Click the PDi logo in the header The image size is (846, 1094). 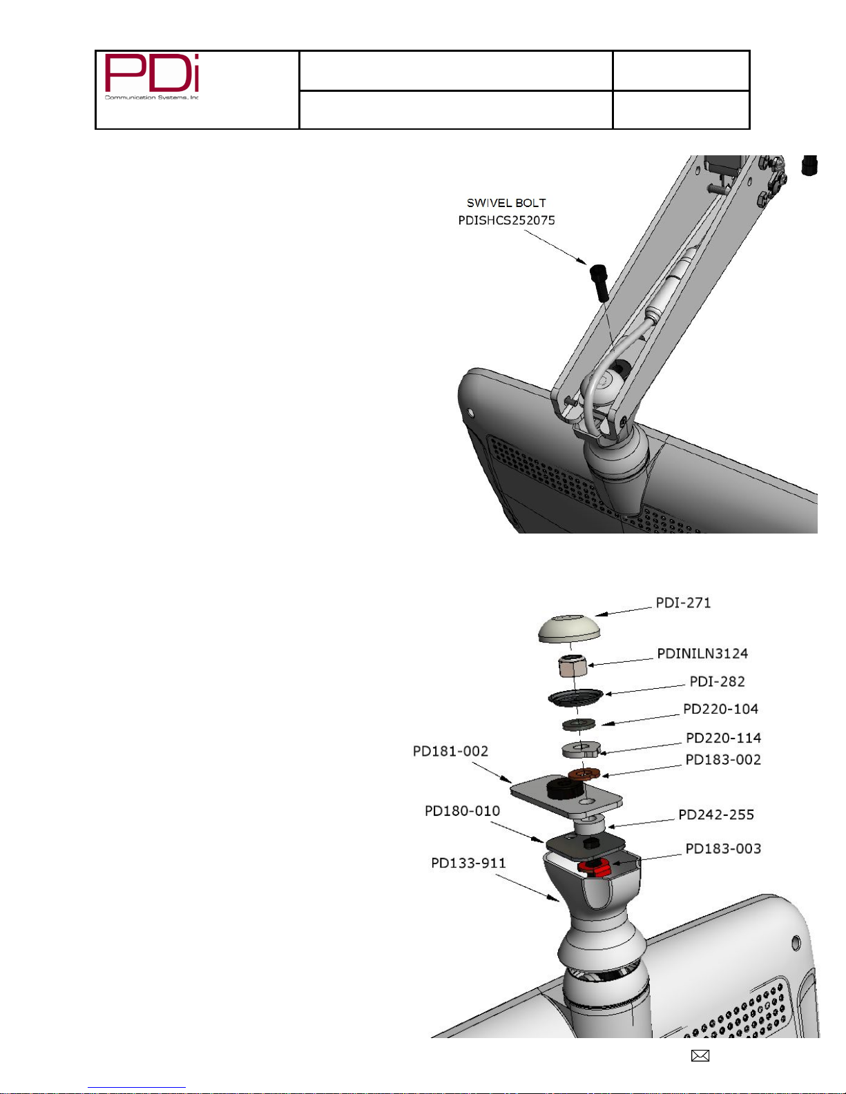[151, 77]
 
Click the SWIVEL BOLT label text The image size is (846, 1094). [506, 203]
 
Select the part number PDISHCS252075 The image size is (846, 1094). [506, 220]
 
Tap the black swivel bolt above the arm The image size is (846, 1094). [599, 283]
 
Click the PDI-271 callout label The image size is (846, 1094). [683, 603]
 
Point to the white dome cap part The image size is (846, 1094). [569, 628]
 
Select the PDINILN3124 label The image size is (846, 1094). [702, 654]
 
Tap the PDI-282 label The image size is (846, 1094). [717, 681]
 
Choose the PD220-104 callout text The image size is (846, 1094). [720, 709]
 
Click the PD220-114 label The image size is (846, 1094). [723, 738]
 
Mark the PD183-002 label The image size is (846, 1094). [723, 760]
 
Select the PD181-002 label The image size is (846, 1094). [450, 751]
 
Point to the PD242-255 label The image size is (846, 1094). [716, 814]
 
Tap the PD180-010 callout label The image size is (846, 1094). [462, 811]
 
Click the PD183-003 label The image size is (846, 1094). [723, 849]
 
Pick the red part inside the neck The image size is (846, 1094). [594, 867]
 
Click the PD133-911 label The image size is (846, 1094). [468, 863]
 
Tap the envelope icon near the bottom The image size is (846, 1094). [700, 1056]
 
